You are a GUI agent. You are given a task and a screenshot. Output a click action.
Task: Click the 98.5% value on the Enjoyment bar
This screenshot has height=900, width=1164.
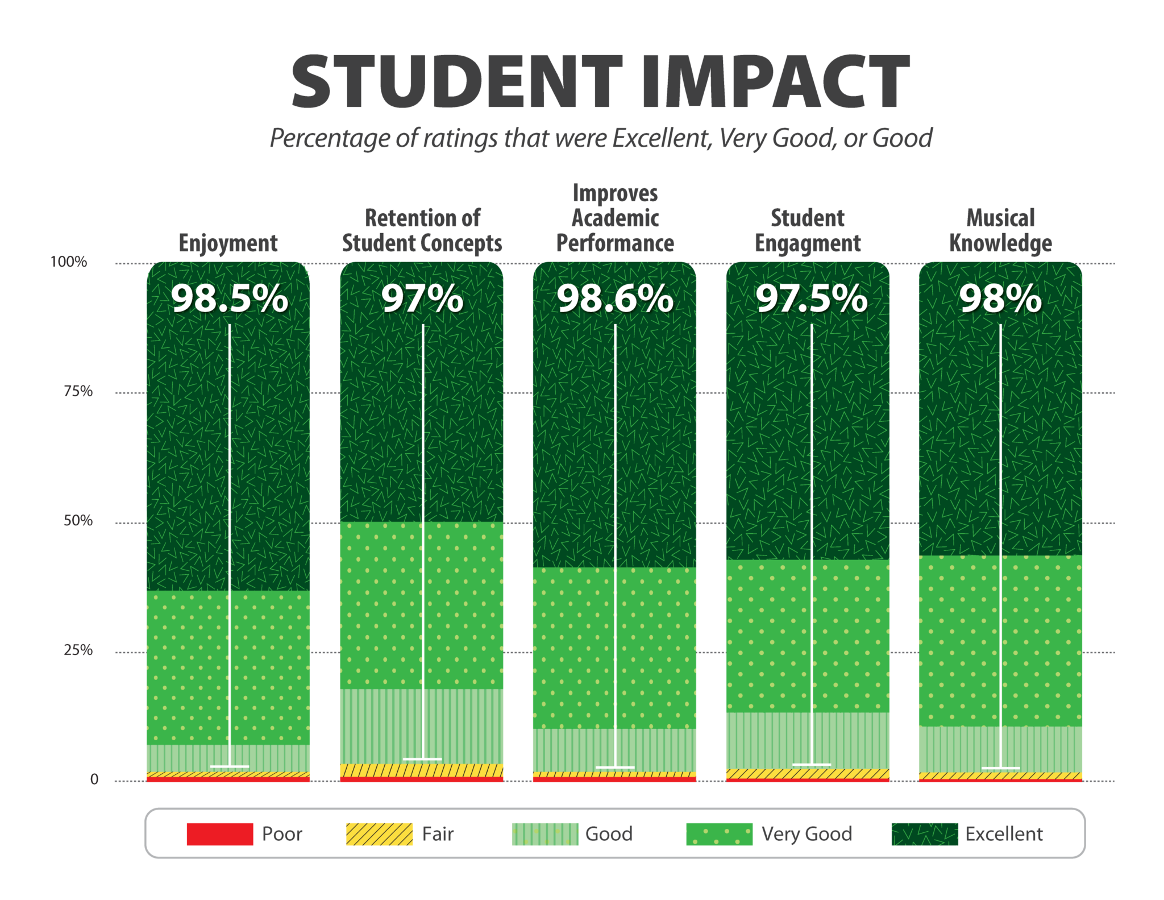[x=230, y=298]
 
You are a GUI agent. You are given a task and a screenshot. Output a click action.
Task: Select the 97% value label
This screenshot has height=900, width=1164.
[x=422, y=298]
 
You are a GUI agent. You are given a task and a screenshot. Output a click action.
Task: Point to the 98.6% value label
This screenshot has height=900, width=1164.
[x=615, y=298]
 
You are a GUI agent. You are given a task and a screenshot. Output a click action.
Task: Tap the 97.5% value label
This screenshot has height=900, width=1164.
[x=811, y=298]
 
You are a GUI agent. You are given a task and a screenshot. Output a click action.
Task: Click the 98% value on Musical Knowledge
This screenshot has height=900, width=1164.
[x=1000, y=298]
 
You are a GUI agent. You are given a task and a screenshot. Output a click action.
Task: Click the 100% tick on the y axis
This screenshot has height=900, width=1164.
[x=69, y=262]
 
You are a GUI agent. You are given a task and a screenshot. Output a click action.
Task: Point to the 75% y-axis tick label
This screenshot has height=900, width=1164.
[x=77, y=391]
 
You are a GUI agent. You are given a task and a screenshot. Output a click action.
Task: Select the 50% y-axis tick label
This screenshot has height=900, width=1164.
[x=77, y=521]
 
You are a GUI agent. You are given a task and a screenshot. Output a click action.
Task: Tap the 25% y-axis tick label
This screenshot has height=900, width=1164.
[x=77, y=650]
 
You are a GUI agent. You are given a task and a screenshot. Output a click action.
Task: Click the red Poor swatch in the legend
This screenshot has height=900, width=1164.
[x=219, y=834]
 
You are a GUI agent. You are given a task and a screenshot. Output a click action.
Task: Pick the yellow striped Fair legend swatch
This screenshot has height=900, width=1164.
[x=379, y=834]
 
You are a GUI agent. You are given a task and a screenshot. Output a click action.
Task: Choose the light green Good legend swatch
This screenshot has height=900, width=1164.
[x=544, y=834]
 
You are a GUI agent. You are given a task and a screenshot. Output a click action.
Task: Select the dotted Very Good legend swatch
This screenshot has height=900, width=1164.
[x=719, y=834]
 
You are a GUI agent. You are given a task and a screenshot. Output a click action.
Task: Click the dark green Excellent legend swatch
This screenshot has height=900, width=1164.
[x=925, y=834]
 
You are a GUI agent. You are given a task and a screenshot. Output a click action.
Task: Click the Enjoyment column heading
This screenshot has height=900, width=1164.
[x=228, y=243]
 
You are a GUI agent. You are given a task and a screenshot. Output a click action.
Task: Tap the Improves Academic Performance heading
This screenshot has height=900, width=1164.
[x=615, y=218]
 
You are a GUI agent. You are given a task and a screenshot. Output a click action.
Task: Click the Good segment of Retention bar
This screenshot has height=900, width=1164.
[x=386, y=726]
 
